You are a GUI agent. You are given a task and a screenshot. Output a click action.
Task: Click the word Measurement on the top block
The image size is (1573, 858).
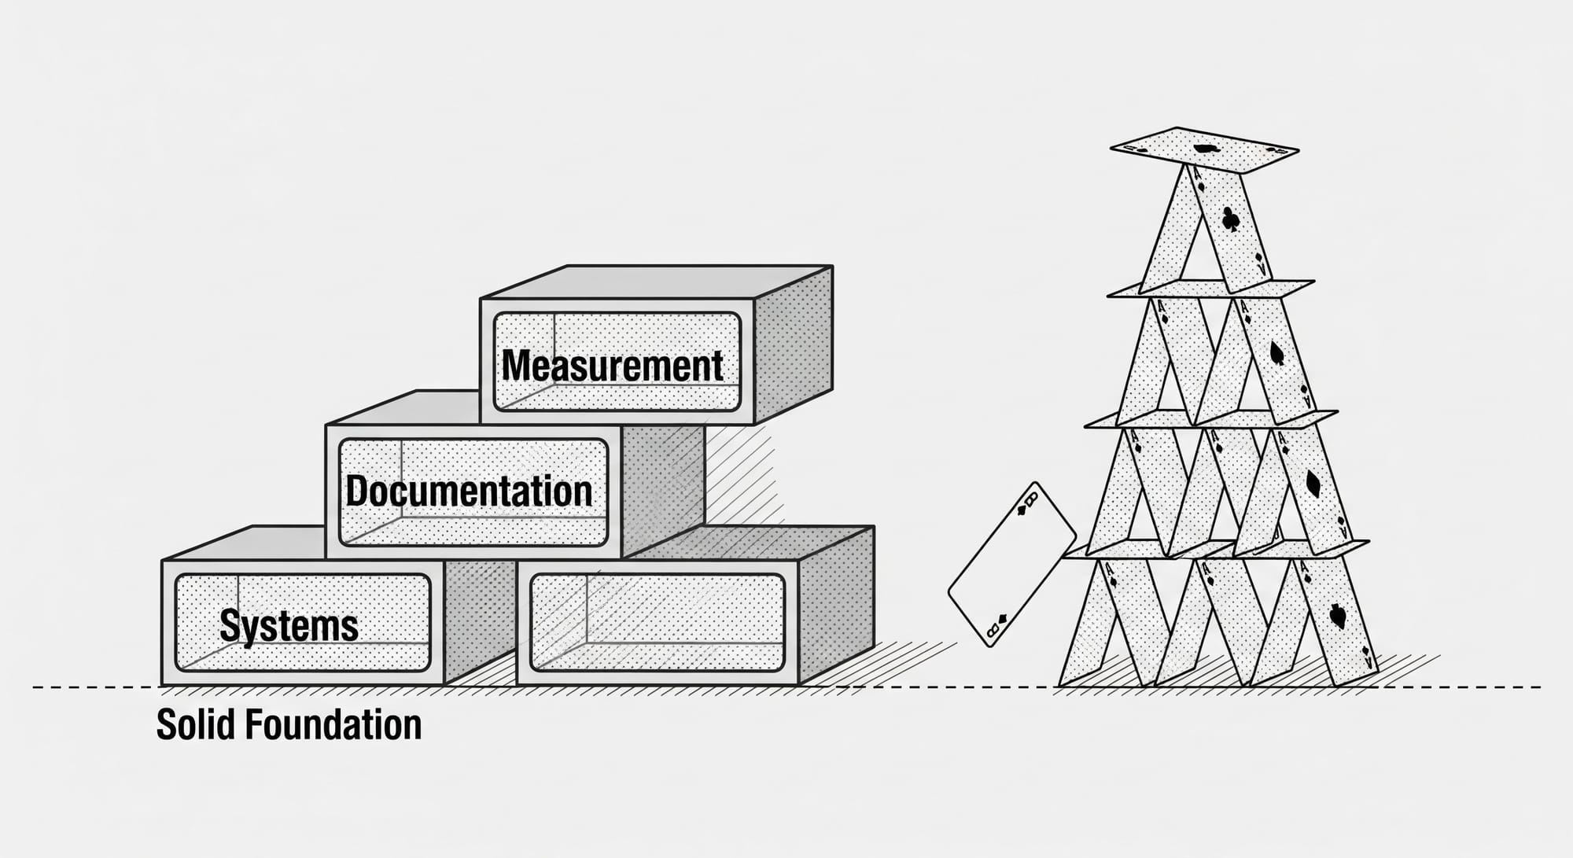coord(612,366)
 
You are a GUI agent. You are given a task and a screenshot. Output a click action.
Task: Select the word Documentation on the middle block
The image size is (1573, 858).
coord(469,492)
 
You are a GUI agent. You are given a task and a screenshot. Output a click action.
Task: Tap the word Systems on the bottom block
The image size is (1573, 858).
coord(289,626)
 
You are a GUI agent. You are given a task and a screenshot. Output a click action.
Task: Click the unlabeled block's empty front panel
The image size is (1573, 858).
coord(658,623)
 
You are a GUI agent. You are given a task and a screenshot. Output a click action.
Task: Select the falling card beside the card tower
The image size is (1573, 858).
coord(1011,564)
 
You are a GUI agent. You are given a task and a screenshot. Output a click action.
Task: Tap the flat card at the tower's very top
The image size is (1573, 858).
coord(1203,149)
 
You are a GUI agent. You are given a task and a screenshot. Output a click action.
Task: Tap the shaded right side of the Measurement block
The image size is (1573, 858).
coord(793,346)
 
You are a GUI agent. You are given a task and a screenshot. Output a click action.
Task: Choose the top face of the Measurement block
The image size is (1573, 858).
coord(657,282)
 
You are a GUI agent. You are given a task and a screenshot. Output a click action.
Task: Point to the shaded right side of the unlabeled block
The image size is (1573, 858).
coord(836,606)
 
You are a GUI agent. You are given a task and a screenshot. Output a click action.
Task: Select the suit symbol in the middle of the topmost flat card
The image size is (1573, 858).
coord(1203,148)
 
